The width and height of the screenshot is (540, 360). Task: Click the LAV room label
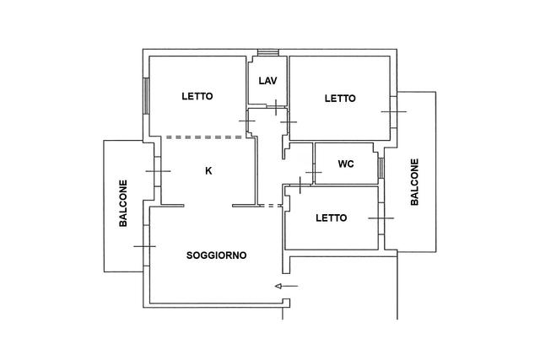268,81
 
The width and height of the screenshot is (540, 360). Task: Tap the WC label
346,164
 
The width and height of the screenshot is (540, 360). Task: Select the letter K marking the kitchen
208,170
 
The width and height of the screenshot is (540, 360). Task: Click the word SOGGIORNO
216,255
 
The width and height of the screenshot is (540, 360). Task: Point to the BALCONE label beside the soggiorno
123,203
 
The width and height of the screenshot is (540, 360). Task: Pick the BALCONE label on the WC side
414,182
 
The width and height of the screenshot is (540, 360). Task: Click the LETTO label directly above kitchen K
197,96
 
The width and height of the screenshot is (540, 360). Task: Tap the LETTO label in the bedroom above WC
340,99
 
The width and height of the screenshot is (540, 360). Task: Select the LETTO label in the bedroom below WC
332,218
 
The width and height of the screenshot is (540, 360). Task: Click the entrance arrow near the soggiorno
287,286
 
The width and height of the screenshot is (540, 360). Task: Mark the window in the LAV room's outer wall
268,52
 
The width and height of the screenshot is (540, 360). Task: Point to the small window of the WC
381,168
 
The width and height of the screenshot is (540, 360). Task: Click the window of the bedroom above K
146,96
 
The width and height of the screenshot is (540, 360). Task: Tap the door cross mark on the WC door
314,172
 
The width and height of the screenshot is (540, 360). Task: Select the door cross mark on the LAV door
276,107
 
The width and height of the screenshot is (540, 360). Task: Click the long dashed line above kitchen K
204,137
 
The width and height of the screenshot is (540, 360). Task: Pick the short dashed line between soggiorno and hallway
271,206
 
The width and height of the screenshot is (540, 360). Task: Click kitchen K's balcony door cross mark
158,171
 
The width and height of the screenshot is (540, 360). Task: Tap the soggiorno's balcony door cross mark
144,246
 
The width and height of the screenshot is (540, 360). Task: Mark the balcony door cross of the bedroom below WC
381,218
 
